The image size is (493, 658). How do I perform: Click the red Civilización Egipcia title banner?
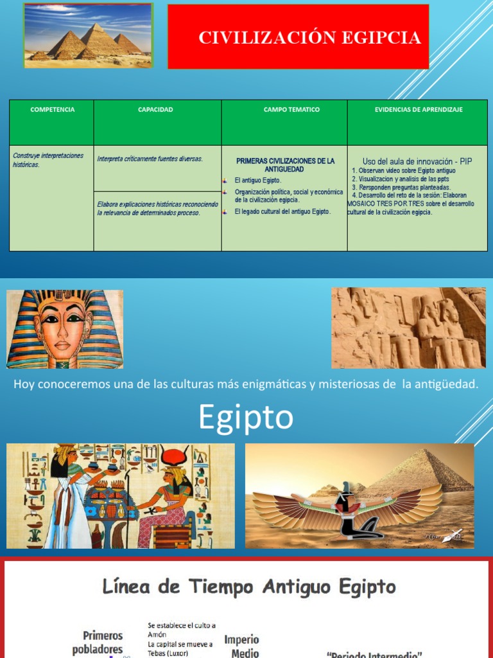tap(298, 37)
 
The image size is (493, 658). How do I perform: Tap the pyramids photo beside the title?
tap(88, 35)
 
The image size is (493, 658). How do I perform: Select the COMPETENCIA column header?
tap(52, 110)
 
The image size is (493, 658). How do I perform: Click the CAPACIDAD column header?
tap(155, 110)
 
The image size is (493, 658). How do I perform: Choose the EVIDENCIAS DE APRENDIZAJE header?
tap(419, 110)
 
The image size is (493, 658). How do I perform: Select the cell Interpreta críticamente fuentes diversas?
tap(150, 159)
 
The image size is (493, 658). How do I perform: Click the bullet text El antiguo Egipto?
tap(258, 181)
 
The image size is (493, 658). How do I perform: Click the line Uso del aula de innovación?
tap(417, 161)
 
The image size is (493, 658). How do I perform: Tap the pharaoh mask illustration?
tap(64, 329)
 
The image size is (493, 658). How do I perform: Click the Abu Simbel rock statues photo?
tap(408, 328)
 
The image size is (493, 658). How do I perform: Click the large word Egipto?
tap(245, 418)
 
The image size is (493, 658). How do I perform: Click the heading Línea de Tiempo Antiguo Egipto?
tap(250, 587)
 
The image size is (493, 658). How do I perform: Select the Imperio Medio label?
tap(241, 646)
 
